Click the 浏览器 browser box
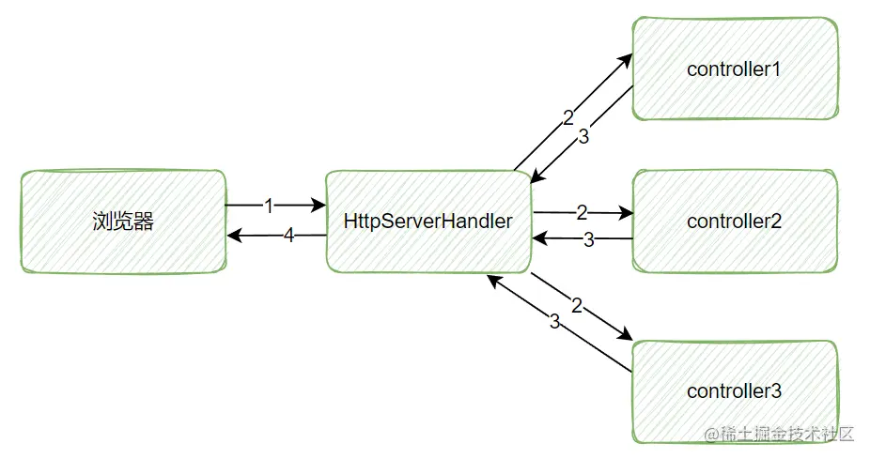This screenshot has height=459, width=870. point(123,222)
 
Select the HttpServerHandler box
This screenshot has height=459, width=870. point(428,222)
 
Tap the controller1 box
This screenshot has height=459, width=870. point(735,69)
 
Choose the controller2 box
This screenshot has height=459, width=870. point(735,222)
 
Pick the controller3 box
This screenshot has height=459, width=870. point(735,390)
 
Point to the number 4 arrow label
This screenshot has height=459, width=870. point(289,236)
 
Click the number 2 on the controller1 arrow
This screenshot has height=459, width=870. point(567,118)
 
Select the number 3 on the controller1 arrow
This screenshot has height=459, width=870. point(583,136)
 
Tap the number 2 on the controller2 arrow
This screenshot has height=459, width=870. point(583,213)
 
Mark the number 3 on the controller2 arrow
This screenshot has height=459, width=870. point(589,239)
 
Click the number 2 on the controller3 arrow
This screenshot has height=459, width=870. point(577,306)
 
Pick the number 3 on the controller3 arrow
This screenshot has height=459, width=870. point(554,322)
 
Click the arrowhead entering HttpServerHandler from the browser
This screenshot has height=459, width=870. point(319,205)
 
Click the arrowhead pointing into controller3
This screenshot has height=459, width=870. point(626,337)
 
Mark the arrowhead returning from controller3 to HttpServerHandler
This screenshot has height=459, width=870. point(489,280)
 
